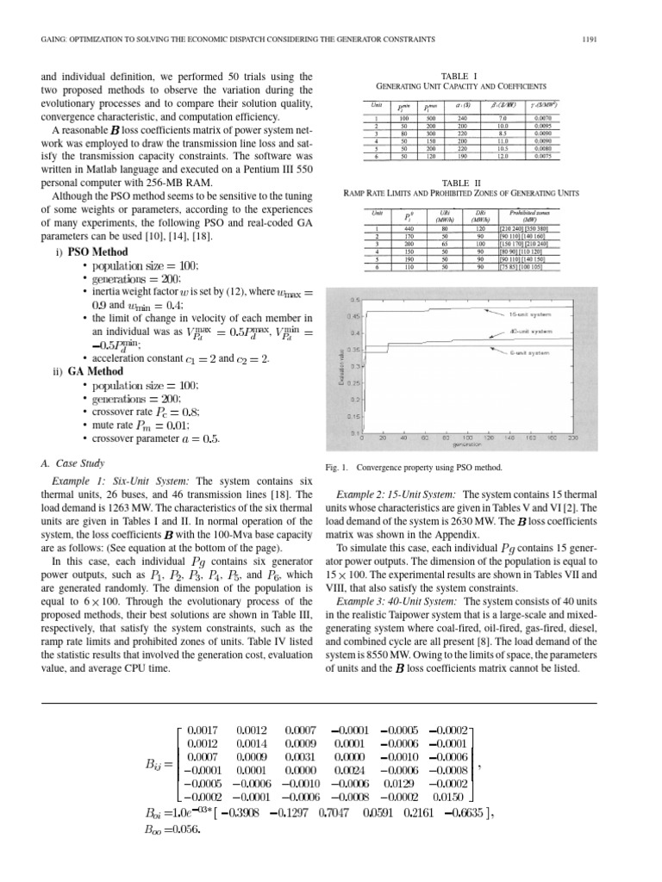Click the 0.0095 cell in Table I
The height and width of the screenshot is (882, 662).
tap(541, 125)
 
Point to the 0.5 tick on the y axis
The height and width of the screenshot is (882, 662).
tap(354, 299)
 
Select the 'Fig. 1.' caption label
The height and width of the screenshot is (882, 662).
tap(332, 469)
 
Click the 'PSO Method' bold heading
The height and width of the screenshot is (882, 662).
tap(97, 252)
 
